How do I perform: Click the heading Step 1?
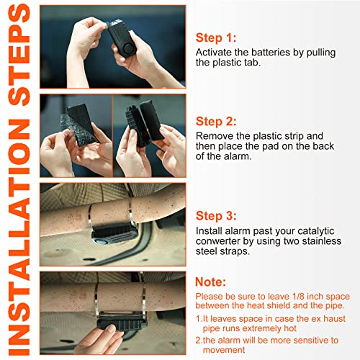(x=216, y=38)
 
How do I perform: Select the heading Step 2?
(x=216, y=121)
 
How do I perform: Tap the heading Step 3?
(x=216, y=216)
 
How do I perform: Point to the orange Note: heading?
(x=210, y=282)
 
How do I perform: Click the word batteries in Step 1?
(x=271, y=53)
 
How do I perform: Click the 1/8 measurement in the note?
(x=298, y=297)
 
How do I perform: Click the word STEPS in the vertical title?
(x=19, y=55)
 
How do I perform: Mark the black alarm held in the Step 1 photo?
(x=120, y=38)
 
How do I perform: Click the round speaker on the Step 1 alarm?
(x=127, y=49)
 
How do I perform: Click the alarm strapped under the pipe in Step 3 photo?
(x=113, y=233)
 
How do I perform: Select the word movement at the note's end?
(x=224, y=350)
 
